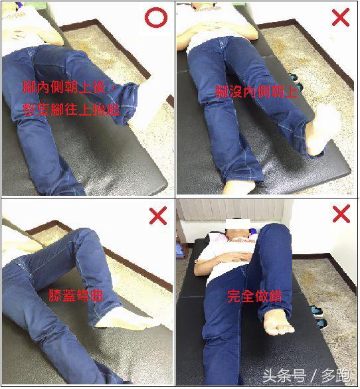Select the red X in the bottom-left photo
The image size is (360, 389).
click(x=157, y=216)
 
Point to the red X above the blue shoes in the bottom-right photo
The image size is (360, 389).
click(x=340, y=214)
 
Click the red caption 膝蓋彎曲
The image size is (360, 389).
click(x=75, y=296)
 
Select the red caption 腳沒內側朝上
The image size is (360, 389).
click(x=256, y=92)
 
